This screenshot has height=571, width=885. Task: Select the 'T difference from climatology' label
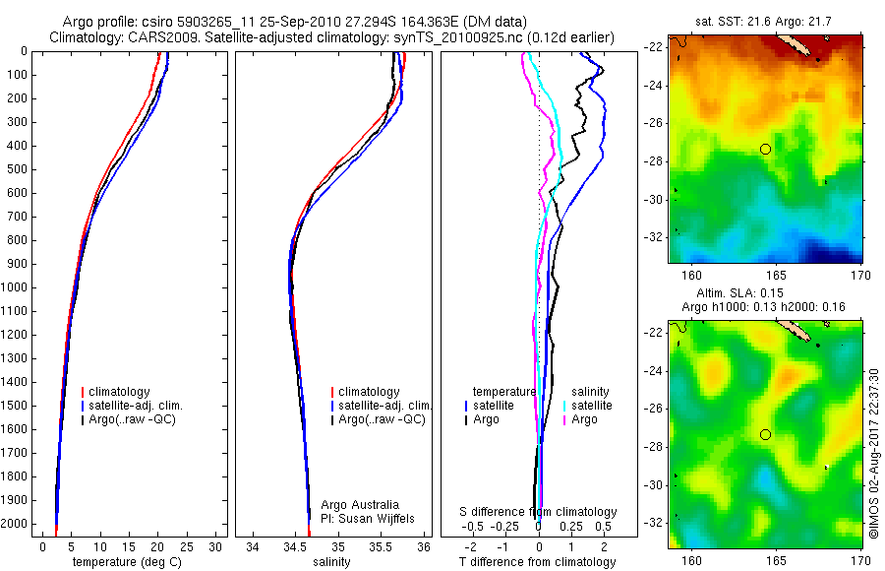click(x=537, y=562)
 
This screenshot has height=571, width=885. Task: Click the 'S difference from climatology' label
click(x=539, y=512)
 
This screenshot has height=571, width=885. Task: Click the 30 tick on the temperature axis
click(x=216, y=546)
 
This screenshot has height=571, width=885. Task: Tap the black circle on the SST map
click(x=765, y=149)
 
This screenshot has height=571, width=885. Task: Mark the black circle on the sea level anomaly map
click(x=765, y=434)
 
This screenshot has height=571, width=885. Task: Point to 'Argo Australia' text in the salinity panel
click(x=361, y=504)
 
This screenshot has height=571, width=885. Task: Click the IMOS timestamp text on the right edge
click(x=873, y=453)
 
